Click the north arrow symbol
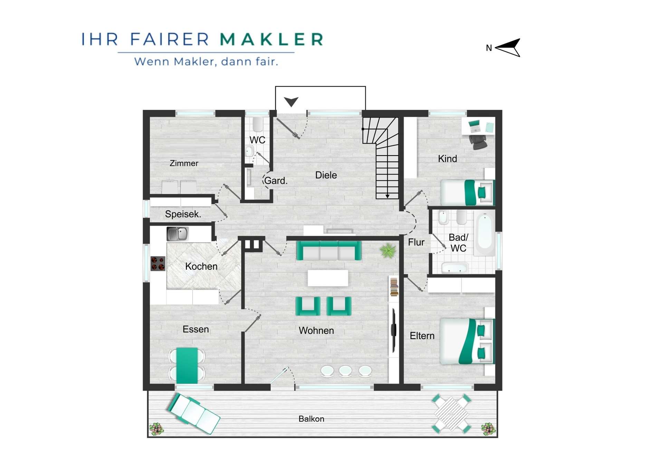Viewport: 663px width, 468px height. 508,48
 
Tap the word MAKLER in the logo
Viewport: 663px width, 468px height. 272,39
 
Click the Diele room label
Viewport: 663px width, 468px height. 326,175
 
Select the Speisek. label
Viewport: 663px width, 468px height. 183,214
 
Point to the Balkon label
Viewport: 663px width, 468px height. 311,419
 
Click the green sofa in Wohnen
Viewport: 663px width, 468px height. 329,250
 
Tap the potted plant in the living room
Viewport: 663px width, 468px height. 388,251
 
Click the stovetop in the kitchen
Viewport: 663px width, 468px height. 158,263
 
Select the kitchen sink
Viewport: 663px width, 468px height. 177,234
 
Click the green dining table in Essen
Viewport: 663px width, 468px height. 187,366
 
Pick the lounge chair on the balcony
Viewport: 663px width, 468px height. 193,414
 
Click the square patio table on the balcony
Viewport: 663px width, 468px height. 451,414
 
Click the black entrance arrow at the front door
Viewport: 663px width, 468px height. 291,102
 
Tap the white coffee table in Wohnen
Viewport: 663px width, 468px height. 328,278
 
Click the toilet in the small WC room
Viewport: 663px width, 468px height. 258,125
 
